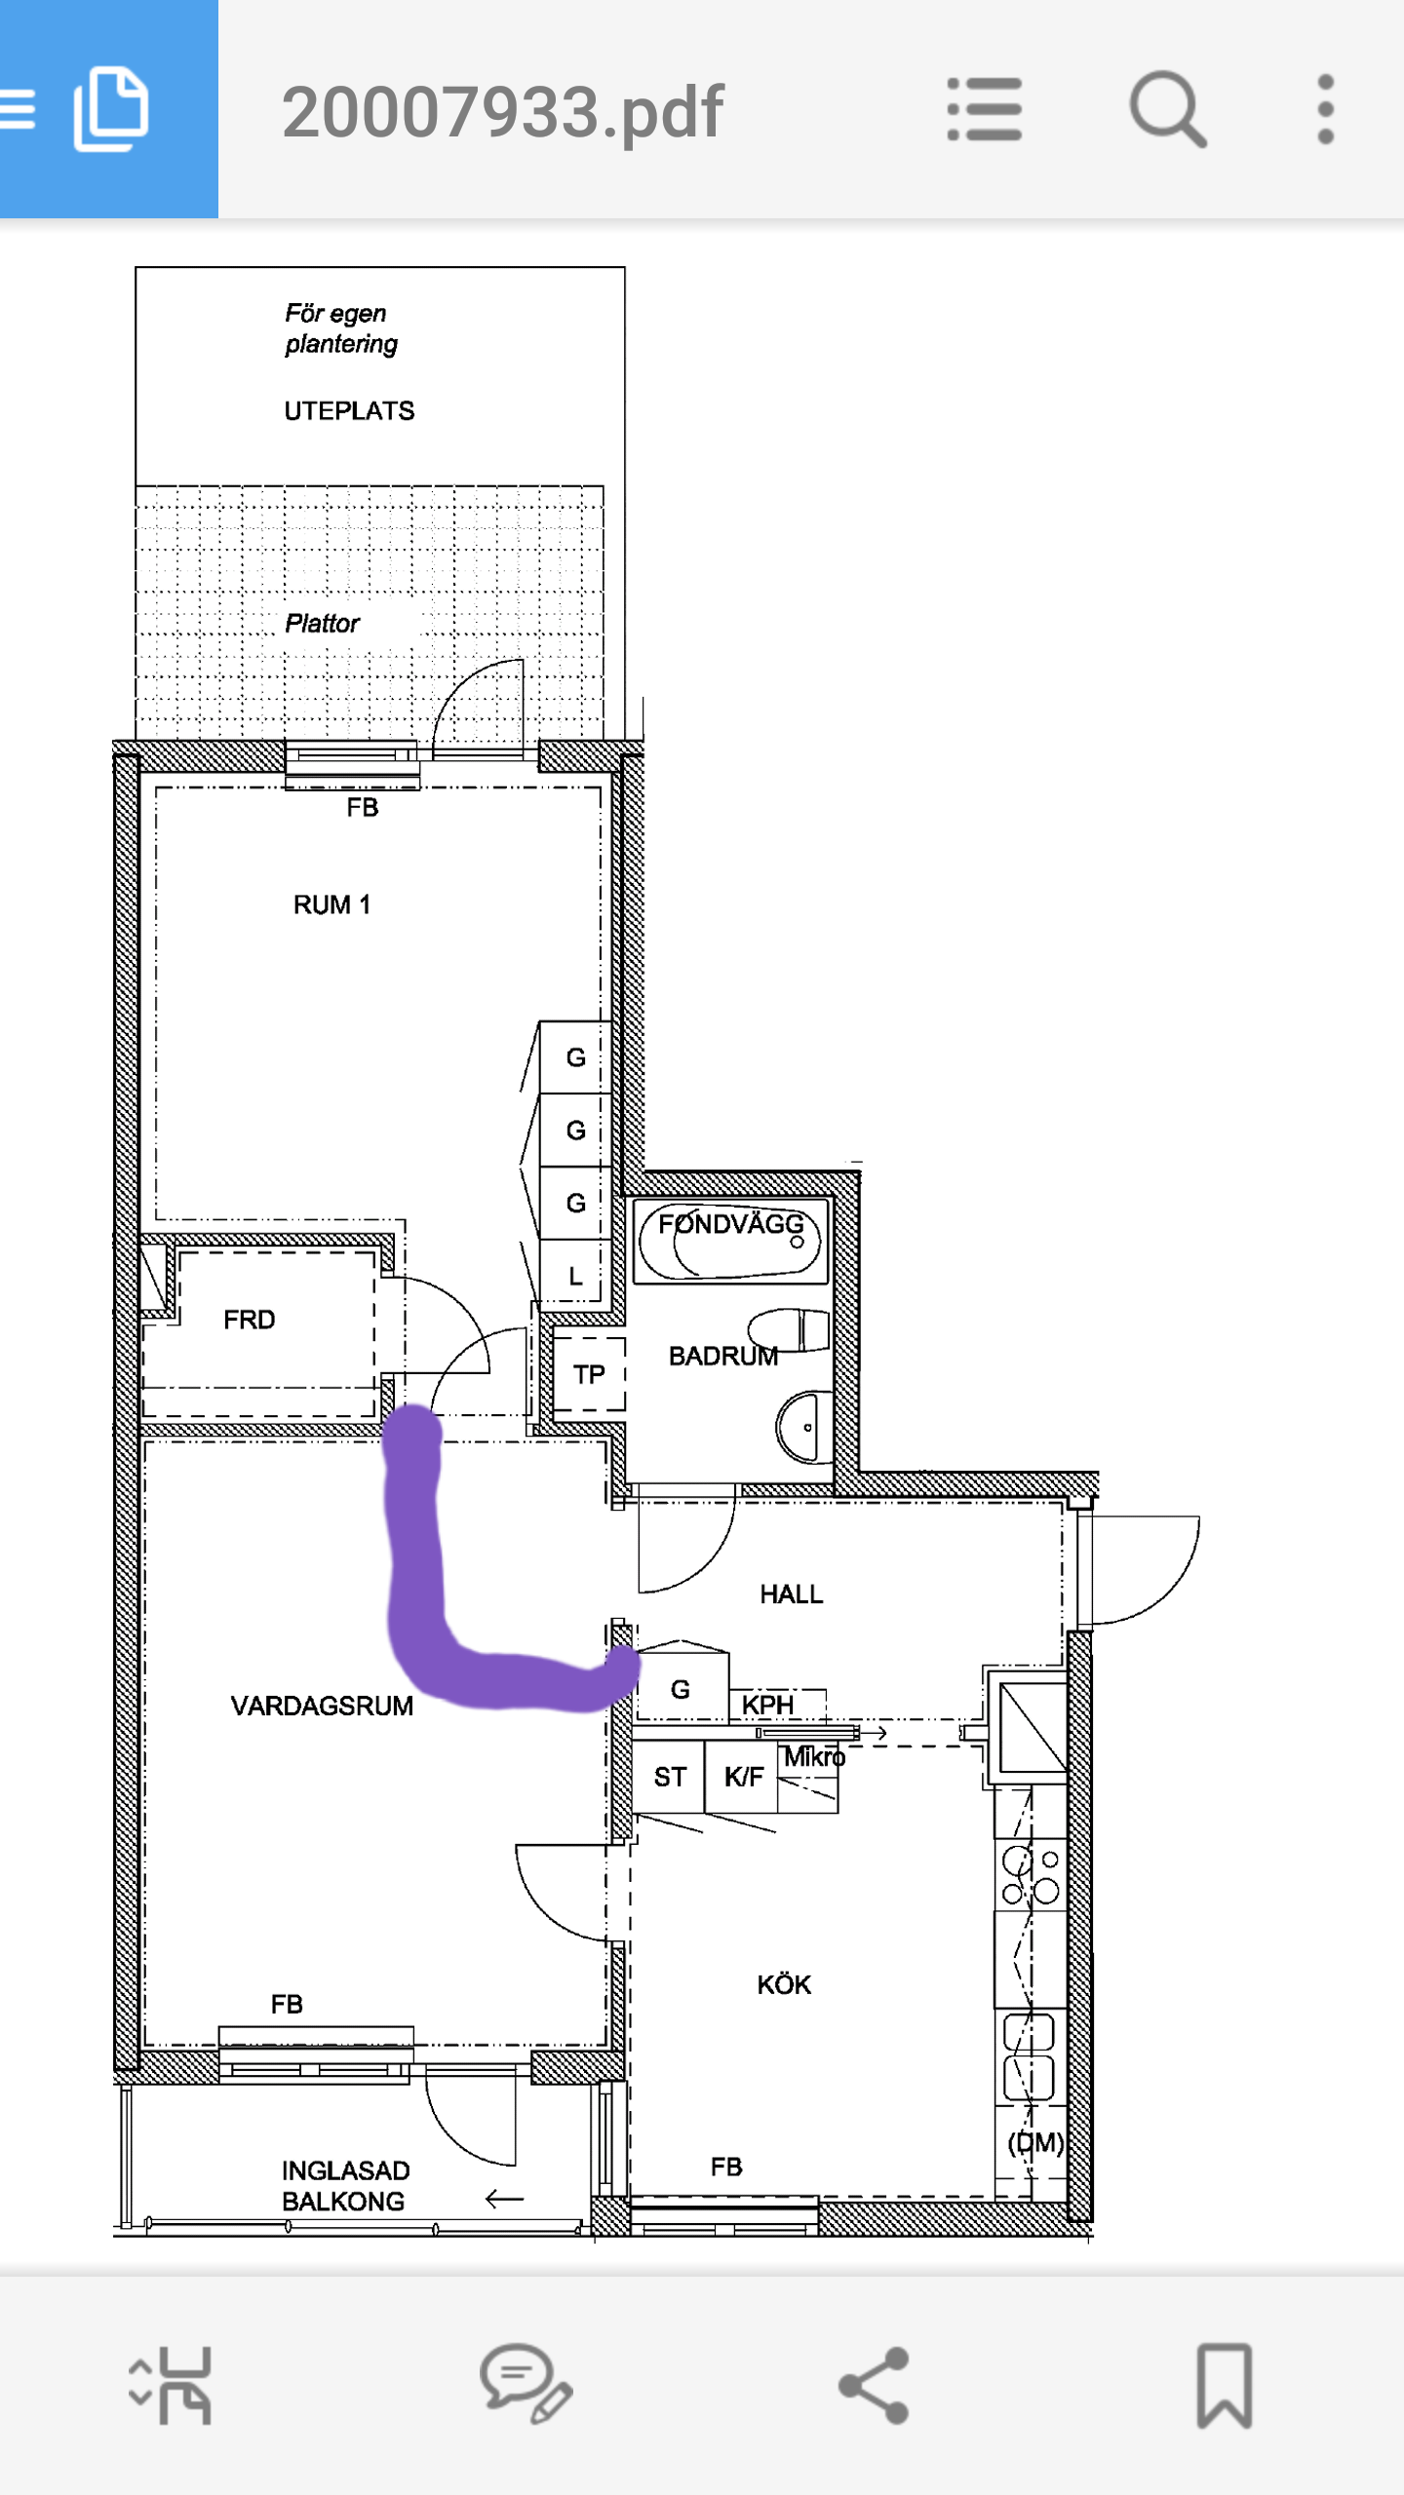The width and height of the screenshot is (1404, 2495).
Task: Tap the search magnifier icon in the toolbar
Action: (x=1167, y=109)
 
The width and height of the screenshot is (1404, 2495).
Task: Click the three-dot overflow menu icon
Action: (x=1325, y=109)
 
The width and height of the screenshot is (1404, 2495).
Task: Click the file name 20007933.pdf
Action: (x=502, y=111)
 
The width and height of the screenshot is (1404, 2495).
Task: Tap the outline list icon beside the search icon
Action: (x=985, y=109)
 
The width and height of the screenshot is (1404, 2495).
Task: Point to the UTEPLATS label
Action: (x=349, y=410)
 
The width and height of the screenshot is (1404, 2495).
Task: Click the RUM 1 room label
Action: (x=331, y=904)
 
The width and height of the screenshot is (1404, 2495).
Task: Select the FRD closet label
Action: (x=250, y=1320)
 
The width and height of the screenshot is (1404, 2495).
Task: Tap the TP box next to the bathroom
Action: (x=589, y=1374)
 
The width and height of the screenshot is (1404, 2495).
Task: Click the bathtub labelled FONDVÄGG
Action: (x=730, y=1240)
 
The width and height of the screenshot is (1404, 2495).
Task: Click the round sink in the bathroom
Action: (x=806, y=1427)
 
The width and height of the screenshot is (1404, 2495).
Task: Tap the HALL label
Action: (x=792, y=1593)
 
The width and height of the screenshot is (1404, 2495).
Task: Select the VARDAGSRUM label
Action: (x=322, y=1706)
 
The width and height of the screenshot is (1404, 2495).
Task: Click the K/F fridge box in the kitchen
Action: (x=743, y=1777)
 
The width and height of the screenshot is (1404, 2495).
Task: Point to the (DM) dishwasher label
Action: (x=1035, y=2142)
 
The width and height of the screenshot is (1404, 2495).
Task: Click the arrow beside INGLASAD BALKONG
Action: (x=504, y=2199)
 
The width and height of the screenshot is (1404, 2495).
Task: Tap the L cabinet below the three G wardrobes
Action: (x=575, y=1275)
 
